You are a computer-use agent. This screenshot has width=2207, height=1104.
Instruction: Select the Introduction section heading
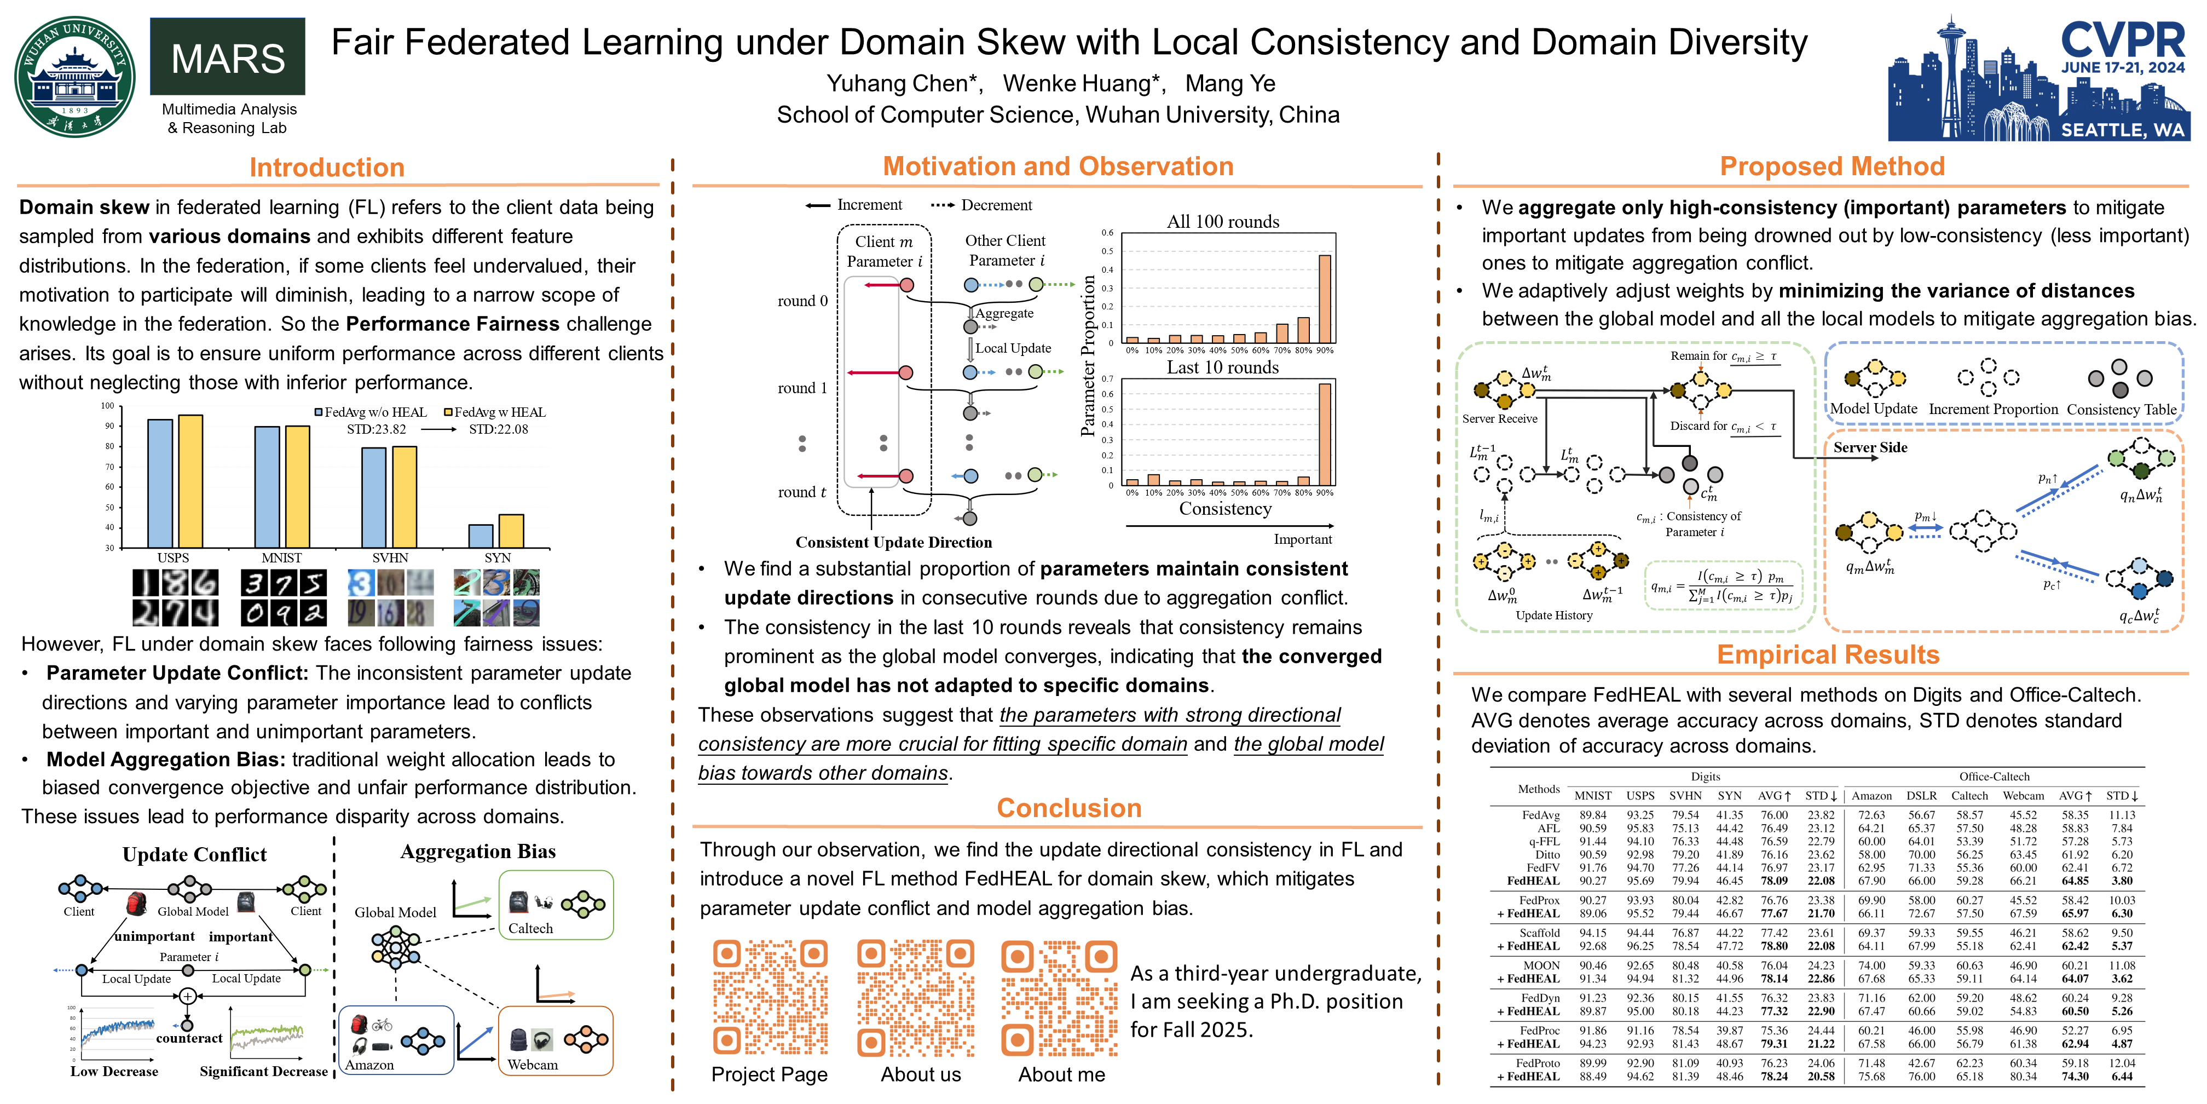tap(326, 167)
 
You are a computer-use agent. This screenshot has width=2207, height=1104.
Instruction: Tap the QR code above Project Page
tap(770, 997)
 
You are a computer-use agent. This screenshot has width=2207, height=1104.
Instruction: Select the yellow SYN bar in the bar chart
tap(511, 531)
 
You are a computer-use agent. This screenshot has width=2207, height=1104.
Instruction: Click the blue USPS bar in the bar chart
tap(160, 484)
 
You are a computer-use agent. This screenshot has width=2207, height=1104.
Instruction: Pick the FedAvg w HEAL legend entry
tap(494, 412)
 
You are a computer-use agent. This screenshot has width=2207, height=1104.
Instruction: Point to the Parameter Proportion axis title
tap(1088, 356)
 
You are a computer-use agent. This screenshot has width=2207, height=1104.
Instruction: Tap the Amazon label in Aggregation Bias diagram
tap(369, 1065)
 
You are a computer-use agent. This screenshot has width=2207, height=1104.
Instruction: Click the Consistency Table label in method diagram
tap(2121, 410)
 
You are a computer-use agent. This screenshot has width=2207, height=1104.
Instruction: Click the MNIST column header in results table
tap(1593, 796)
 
